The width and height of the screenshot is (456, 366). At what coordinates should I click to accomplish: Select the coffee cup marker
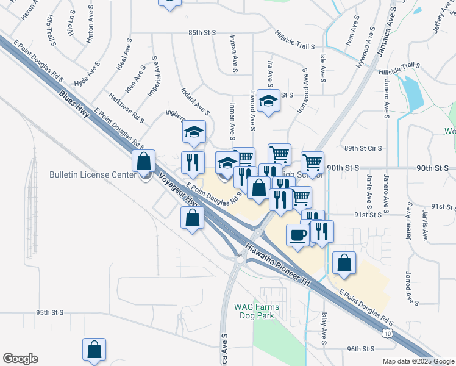[297, 235]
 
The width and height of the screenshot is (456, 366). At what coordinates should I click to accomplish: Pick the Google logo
[20, 359]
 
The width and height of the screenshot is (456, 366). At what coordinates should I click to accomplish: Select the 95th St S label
[49, 312]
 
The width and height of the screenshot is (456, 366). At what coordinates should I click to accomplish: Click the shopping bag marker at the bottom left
[94, 350]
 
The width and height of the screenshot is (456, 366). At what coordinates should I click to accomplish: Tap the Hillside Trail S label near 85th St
[295, 40]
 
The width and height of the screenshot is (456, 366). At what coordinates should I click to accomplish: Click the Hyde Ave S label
[87, 74]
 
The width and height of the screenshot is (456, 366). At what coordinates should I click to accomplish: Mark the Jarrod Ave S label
[407, 289]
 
